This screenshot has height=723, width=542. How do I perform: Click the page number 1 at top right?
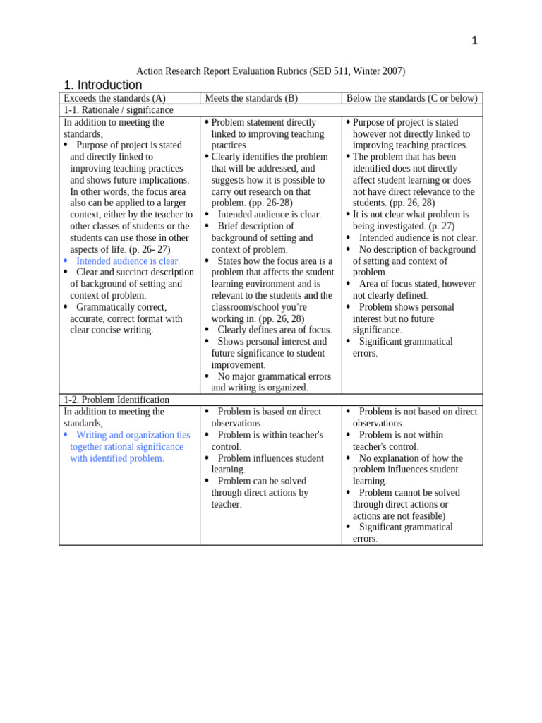click(474, 41)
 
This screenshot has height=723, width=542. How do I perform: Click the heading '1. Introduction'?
click(103, 85)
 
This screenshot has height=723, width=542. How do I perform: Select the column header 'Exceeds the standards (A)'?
click(114, 99)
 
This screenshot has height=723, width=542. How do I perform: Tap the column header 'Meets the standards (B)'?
click(251, 99)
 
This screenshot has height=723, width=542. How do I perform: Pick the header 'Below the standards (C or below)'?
click(411, 99)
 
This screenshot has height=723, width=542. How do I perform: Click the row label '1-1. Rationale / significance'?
click(119, 110)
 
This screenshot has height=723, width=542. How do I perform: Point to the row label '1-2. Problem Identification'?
click(116, 400)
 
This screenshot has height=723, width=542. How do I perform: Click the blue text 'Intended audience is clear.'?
click(128, 261)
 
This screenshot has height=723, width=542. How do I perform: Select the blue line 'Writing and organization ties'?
click(133, 435)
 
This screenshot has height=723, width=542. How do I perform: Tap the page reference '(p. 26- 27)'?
click(150, 249)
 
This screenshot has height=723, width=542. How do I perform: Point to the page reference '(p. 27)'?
click(441, 226)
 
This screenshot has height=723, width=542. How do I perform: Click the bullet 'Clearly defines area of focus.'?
click(274, 330)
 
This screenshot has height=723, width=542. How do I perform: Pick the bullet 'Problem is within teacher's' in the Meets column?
click(270, 435)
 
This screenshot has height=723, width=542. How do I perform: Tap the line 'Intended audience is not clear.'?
click(418, 238)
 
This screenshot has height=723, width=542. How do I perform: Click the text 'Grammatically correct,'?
click(121, 307)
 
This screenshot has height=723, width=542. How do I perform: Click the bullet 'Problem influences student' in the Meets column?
click(270, 458)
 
